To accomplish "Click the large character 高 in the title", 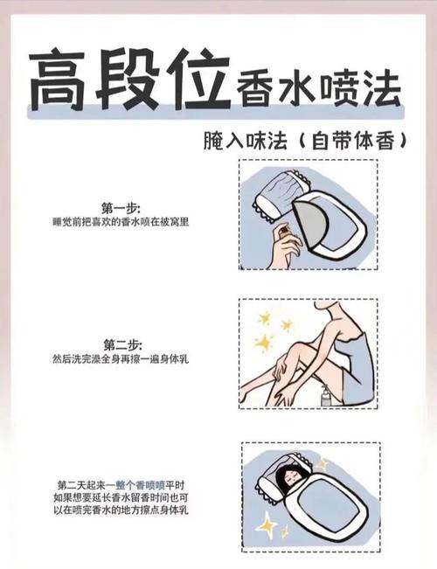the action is tap(59, 80).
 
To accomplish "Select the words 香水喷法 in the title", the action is tap(318, 90).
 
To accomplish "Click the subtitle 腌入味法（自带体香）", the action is tap(304, 141).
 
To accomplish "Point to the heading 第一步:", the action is tap(121, 208).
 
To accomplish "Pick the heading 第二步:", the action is tap(122, 344).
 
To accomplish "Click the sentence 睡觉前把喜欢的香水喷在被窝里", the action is tap(121, 222).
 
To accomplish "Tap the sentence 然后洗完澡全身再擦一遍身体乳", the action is tap(121, 359).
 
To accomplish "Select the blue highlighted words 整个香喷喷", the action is tap(140, 485).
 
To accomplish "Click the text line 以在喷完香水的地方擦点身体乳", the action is tap(121, 510).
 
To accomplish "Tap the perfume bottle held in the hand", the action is tap(284, 232).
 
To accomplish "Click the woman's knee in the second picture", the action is tap(304, 349).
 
